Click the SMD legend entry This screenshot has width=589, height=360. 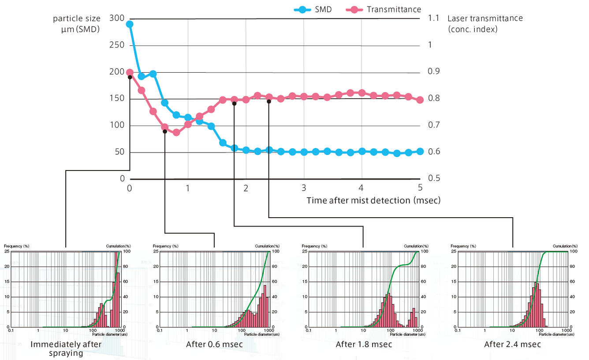[x=313, y=10]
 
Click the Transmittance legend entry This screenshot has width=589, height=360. [x=384, y=10]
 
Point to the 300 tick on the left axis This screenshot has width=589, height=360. [x=117, y=18]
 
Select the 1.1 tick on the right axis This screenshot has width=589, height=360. [x=434, y=18]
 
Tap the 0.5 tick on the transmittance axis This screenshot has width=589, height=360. [x=434, y=178]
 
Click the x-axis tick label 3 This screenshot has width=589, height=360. [x=304, y=188]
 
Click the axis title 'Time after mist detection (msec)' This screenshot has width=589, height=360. [x=373, y=200]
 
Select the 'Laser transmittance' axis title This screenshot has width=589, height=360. [x=485, y=19]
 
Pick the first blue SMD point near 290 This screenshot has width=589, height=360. [x=130, y=24]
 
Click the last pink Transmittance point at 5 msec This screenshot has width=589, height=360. [x=420, y=100]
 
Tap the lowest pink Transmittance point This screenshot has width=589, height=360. [x=176, y=133]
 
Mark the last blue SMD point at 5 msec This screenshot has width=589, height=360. [x=420, y=151]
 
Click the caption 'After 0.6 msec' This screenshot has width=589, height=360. [x=214, y=344]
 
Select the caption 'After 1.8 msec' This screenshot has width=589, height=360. [x=364, y=344]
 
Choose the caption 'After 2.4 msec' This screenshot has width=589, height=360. [x=512, y=344]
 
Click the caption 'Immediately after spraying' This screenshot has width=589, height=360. [x=66, y=349]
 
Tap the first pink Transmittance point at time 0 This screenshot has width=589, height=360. [x=130, y=72]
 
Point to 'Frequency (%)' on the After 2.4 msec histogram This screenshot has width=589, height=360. [x=463, y=246]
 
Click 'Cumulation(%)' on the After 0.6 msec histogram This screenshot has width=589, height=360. [x=267, y=246]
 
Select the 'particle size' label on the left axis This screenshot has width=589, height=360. [x=77, y=19]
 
